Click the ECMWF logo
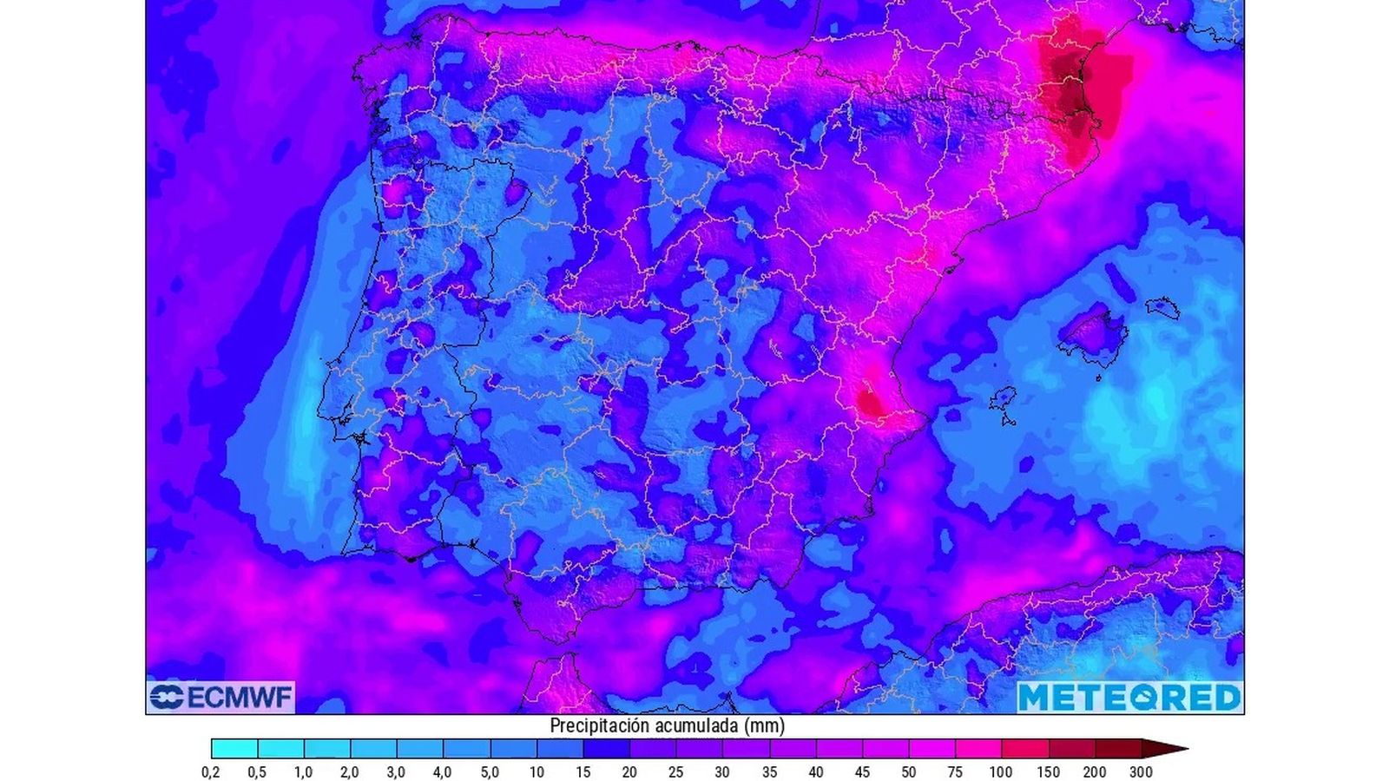[x=221, y=697]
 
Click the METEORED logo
[x=1129, y=697]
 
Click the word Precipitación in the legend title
[x=599, y=725]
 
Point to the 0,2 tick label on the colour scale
[x=211, y=771]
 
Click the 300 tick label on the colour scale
[x=1142, y=771]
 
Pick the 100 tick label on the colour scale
[x=1001, y=771]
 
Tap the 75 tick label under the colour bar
[x=955, y=771]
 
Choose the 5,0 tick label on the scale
[x=490, y=771]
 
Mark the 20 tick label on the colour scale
[x=629, y=771]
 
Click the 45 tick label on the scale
[x=862, y=771]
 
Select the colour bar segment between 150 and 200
[x=1071, y=749]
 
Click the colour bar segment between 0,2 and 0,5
[x=234, y=749]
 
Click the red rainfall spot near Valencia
[x=868, y=401]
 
